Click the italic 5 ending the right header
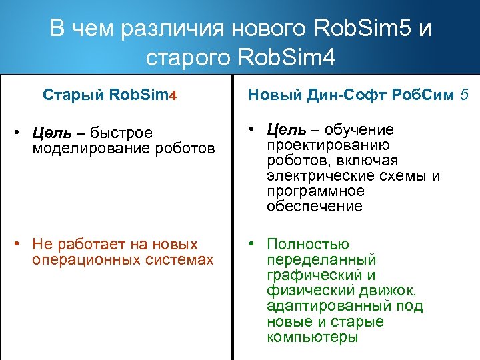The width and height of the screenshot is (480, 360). (x=465, y=95)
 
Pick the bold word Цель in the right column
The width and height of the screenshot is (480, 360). (x=284, y=129)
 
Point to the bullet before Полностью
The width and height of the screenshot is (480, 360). (x=257, y=244)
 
